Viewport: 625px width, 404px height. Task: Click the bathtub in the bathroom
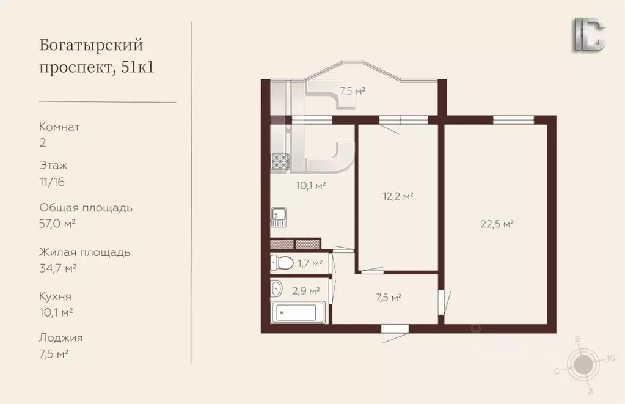point(298,312)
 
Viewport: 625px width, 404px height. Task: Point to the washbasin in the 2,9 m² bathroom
point(276,288)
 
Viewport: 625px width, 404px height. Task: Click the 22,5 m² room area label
point(497,224)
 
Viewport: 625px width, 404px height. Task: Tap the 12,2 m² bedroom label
point(397,196)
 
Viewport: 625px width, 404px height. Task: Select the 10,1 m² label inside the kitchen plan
point(312,185)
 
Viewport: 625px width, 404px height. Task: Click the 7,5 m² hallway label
point(388,298)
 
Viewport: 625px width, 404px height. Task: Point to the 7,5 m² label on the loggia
point(353,91)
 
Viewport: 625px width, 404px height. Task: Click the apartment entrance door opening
point(395,329)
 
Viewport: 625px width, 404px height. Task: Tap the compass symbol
point(584,364)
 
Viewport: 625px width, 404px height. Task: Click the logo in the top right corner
point(590,35)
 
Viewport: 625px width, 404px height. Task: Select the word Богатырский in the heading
point(91,45)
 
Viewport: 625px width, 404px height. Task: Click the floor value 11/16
point(52,182)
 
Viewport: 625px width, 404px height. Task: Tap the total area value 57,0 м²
point(57,224)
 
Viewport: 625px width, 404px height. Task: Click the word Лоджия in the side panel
point(61,338)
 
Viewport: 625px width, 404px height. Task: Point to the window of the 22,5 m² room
point(513,119)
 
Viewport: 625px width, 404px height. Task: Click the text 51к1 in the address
point(137,67)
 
